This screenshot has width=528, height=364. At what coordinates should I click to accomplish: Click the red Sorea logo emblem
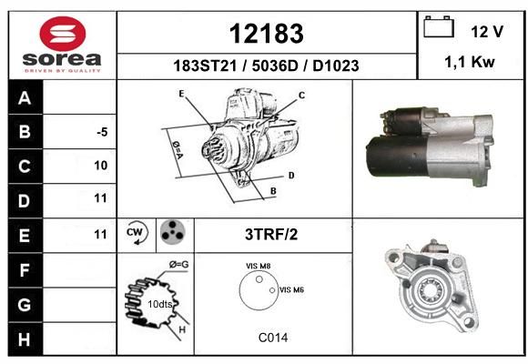click(x=63, y=34)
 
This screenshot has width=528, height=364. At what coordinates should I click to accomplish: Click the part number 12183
click(x=267, y=34)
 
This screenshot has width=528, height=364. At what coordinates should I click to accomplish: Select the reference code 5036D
click(x=275, y=66)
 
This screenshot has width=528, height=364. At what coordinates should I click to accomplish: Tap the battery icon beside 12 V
click(x=439, y=27)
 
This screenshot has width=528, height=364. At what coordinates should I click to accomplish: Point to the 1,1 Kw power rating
click(x=470, y=62)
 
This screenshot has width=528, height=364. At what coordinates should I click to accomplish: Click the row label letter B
click(x=25, y=132)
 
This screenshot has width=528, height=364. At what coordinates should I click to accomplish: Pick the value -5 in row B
click(x=102, y=132)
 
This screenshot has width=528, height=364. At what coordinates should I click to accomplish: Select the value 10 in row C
click(x=101, y=166)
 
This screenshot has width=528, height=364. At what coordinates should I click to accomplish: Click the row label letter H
click(x=25, y=339)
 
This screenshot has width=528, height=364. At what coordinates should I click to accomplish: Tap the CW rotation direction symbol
click(x=137, y=232)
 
